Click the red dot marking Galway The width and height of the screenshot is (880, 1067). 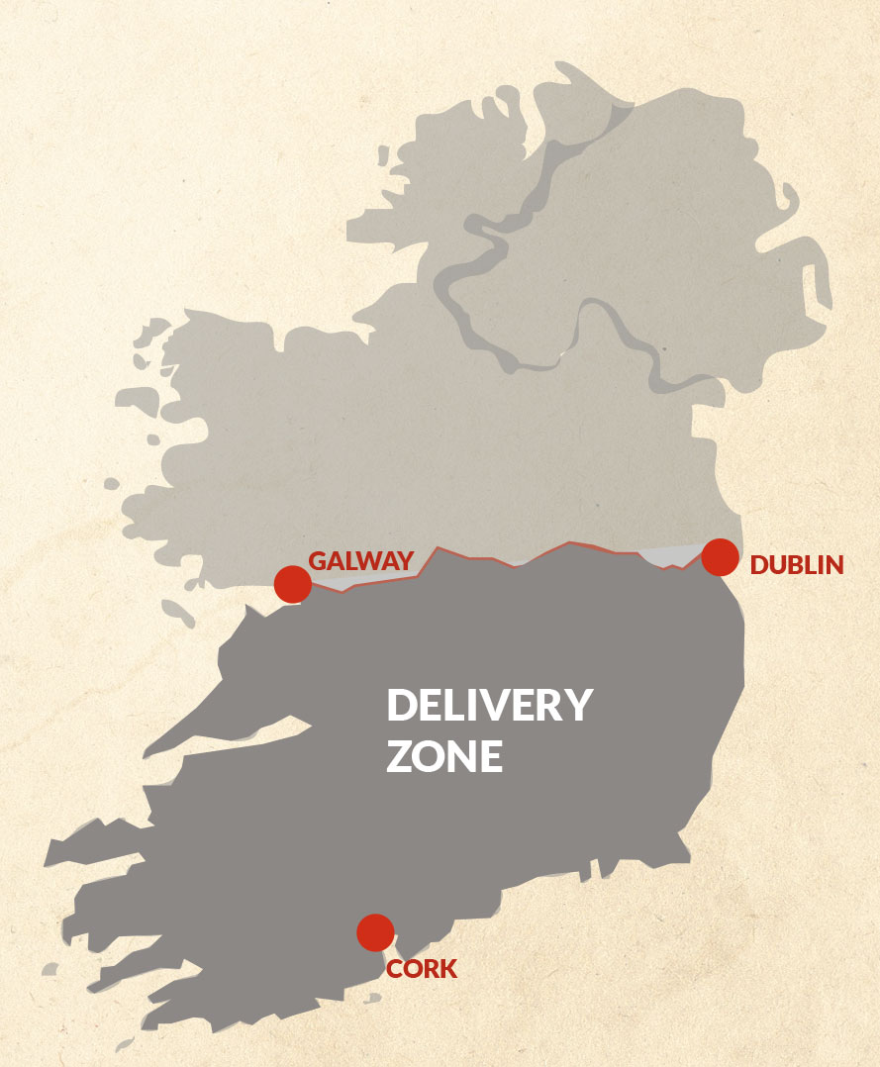coord(293,584)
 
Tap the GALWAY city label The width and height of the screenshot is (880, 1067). coord(360,560)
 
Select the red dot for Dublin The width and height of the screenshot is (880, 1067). coord(720,557)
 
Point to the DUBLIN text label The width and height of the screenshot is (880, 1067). coord(797,565)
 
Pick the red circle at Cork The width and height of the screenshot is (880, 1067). coord(375,931)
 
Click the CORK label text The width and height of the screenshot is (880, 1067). coord(422,969)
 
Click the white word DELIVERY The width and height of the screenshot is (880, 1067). coord(489,707)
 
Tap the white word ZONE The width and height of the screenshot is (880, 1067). coord(444,757)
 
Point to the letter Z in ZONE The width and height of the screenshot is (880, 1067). coord(399,757)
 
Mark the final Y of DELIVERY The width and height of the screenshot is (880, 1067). coord(577,707)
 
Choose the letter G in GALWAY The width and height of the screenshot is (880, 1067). coord(319,560)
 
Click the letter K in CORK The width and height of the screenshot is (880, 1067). coord(448,969)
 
